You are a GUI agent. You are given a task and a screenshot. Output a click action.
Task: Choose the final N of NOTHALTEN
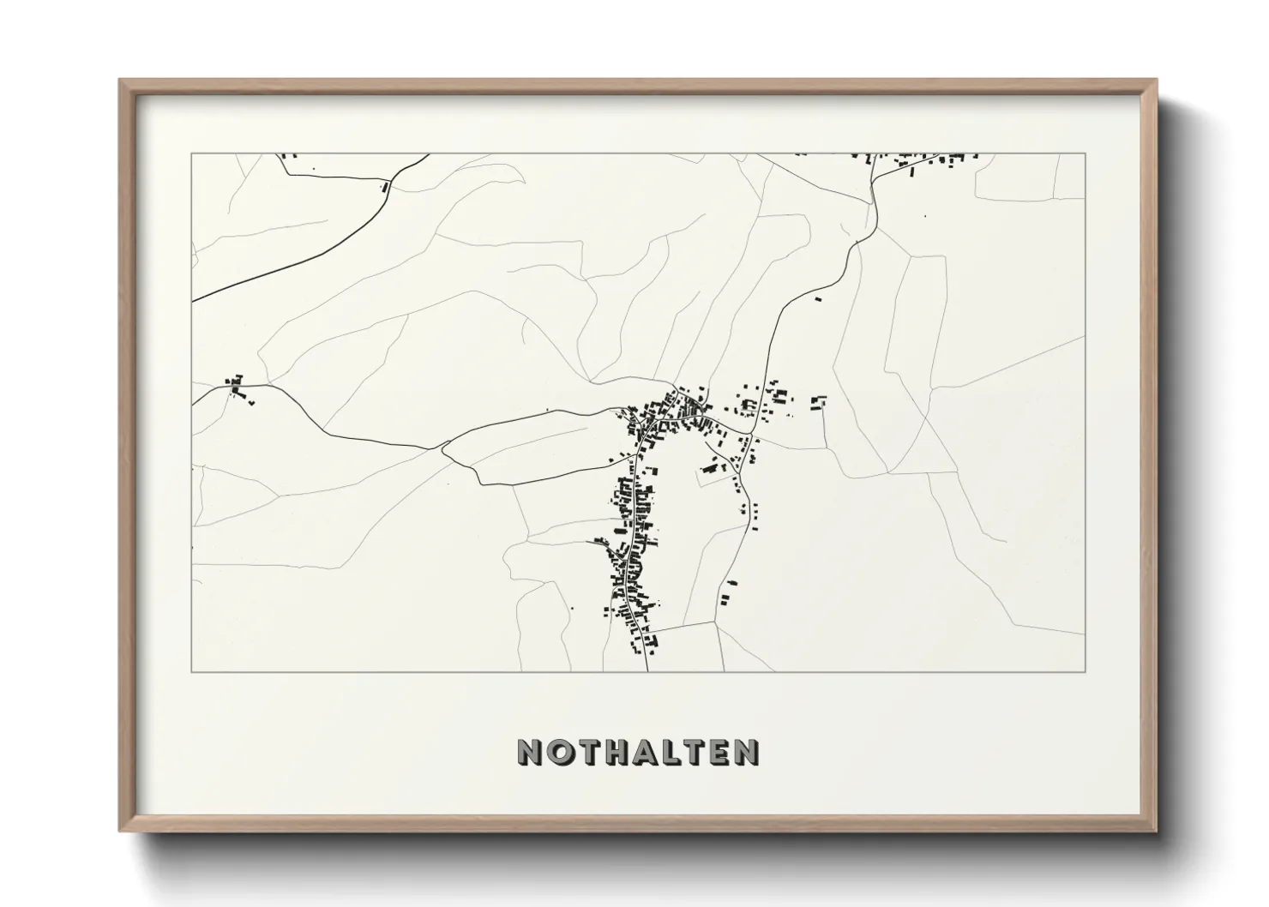(747, 753)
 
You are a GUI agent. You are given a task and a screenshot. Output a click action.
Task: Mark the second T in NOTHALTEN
(693, 753)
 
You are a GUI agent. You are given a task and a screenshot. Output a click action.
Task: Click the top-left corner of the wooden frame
(120, 80)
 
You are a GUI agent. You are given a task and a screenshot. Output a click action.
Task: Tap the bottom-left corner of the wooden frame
(120, 831)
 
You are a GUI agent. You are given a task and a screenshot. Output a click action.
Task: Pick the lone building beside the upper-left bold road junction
(384, 185)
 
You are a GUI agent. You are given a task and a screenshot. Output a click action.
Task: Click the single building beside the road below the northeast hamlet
(817, 299)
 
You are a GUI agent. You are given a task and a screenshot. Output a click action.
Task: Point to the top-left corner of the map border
(192, 154)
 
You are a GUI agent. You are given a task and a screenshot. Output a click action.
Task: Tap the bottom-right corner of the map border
(1085, 671)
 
